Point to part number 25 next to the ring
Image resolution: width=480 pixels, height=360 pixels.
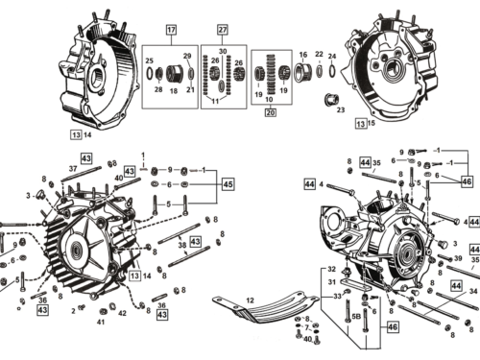[149, 61]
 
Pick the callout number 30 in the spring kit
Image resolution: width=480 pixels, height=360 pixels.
[222, 50]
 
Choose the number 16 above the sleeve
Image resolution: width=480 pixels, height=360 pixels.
[303, 55]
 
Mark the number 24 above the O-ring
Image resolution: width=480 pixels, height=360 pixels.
[332, 56]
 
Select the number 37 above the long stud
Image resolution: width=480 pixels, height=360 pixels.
[71, 169]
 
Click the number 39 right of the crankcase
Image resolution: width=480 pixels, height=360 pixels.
[458, 259]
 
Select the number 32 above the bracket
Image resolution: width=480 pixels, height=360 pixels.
[331, 269]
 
